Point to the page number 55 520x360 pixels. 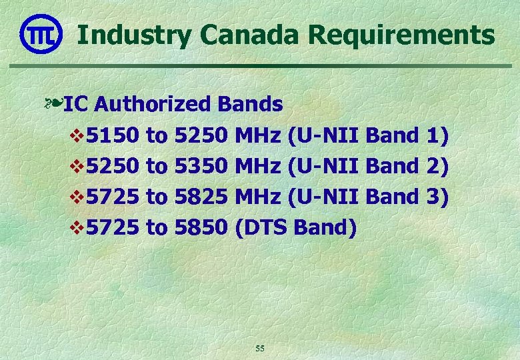tap(260, 349)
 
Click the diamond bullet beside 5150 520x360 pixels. tap(75, 137)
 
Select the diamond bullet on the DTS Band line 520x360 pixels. tap(75, 229)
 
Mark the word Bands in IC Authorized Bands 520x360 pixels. tap(249, 104)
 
